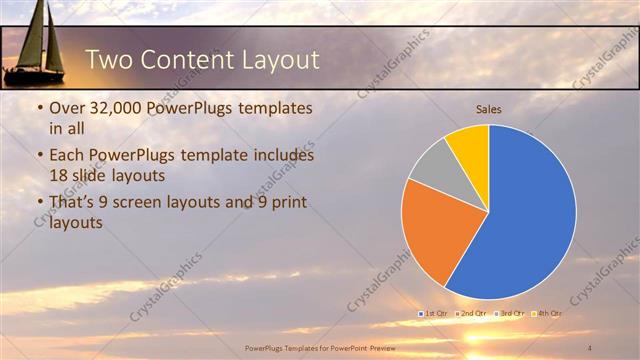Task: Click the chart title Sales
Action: [488, 109]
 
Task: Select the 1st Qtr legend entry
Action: [433, 314]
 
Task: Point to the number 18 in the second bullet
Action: [60, 174]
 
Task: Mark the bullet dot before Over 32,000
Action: [38, 108]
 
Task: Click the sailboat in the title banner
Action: [36, 45]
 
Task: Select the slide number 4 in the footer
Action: [590, 347]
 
